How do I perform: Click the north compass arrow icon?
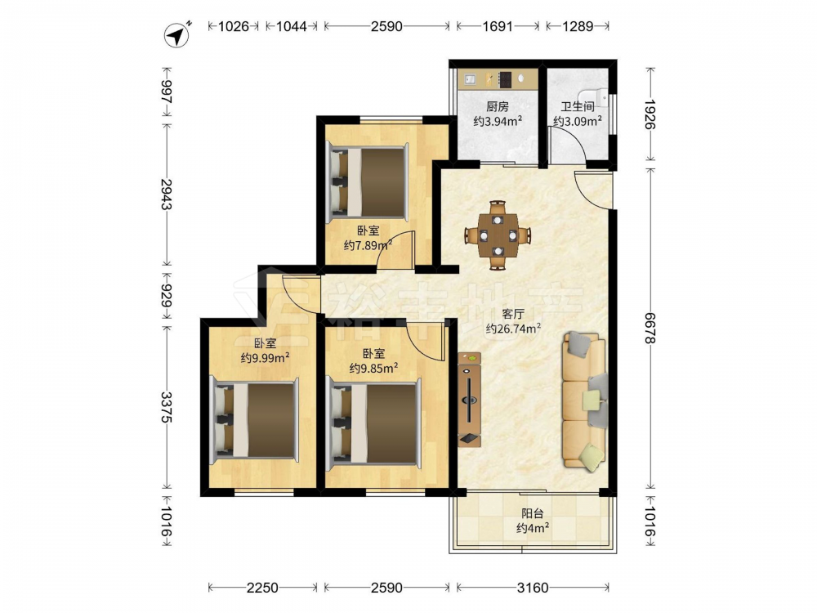(178, 35)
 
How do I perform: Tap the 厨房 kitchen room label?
(497, 107)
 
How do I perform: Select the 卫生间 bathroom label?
(578, 107)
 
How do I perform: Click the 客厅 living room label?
(513, 314)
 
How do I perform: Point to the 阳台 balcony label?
(533, 513)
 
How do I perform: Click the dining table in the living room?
(498, 235)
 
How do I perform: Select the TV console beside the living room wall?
(470, 400)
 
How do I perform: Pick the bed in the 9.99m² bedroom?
(254, 420)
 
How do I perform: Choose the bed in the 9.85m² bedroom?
(373, 423)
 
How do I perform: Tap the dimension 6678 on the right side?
(650, 328)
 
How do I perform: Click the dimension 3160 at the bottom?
(533, 588)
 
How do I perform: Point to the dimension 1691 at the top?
(498, 26)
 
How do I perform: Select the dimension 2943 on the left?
(167, 194)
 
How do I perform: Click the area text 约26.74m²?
(513, 329)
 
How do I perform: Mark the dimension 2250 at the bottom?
(262, 588)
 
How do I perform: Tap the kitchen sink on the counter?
(471, 78)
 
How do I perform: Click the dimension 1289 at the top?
(578, 26)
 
